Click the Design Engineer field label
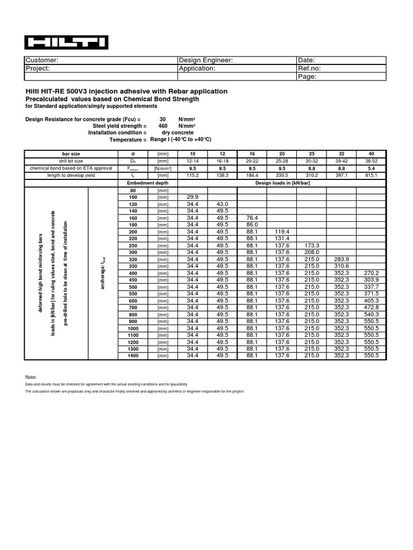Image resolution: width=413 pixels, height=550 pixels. (205, 60)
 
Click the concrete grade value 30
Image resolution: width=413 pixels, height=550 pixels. (163, 119)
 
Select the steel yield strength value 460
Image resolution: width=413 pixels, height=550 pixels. (163, 126)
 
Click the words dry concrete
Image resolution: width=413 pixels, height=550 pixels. (177, 132)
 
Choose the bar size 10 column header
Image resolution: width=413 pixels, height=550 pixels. (193, 154)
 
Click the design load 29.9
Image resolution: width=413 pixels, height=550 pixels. (193, 198)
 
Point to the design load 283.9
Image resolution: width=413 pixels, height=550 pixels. (342, 258)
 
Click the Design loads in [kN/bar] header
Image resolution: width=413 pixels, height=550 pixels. (282, 183)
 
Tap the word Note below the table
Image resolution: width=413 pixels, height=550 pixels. (32, 378)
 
